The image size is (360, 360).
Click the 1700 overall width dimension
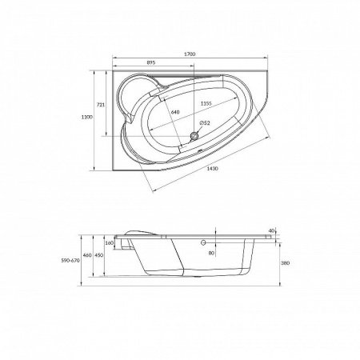click(190, 54)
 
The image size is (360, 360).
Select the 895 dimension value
click(151, 62)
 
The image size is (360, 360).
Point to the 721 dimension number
click(100, 105)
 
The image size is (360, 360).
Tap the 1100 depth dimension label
click(87, 117)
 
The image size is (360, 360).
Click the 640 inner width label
click(175, 112)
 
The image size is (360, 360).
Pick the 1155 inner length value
click(206, 103)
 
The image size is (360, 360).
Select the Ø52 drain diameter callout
click(205, 123)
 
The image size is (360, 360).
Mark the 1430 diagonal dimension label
click(213, 169)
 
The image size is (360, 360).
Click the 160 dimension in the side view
click(110, 243)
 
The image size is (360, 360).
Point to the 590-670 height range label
click(70, 261)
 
